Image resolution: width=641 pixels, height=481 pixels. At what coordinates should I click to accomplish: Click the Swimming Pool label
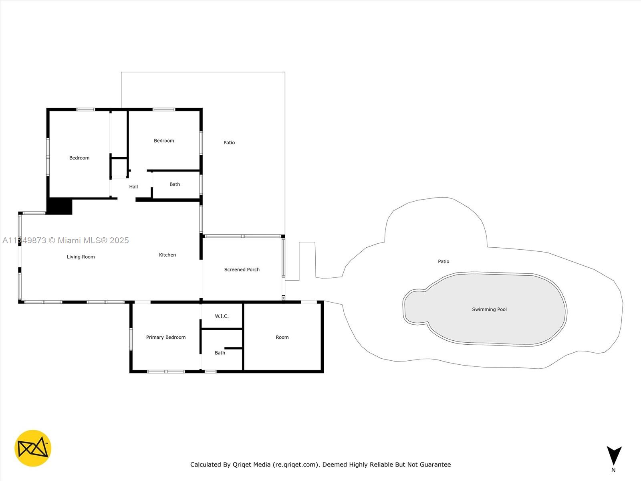click(489, 309)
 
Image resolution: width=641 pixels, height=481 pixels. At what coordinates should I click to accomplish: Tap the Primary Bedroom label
click(166, 338)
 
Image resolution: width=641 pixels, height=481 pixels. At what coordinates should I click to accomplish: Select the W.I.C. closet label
click(222, 316)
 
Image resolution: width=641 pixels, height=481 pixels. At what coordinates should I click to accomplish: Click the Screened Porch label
click(242, 270)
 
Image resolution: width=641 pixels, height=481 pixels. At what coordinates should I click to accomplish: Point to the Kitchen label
click(167, 255)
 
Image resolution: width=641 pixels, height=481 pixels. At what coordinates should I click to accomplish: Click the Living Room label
click(81, 257)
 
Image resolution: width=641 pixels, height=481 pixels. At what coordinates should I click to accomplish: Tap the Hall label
click(133, 187)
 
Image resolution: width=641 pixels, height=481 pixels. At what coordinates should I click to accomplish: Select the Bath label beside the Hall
click(175, 184)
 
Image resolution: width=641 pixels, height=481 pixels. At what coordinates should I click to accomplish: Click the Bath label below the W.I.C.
click(220, 353)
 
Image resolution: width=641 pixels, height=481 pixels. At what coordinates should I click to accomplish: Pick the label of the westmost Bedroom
click(79, 158)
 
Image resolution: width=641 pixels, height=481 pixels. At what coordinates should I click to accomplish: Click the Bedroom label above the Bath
click(164, 141)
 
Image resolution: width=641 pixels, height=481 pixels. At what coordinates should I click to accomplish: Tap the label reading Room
click(282, 338)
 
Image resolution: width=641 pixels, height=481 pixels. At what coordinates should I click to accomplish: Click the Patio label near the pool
click(443, 261)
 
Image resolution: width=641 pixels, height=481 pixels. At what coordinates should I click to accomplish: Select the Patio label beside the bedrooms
click(229, 143)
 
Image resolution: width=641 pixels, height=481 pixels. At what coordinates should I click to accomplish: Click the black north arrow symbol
click(614, 455)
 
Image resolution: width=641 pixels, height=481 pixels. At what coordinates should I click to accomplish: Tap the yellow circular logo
click(33, 448)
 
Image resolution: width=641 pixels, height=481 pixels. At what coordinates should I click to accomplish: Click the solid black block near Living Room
click(59, 206)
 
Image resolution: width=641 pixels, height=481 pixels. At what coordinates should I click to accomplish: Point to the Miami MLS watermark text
click(66, 240)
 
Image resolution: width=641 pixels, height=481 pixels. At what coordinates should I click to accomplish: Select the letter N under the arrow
click(613, 470)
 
